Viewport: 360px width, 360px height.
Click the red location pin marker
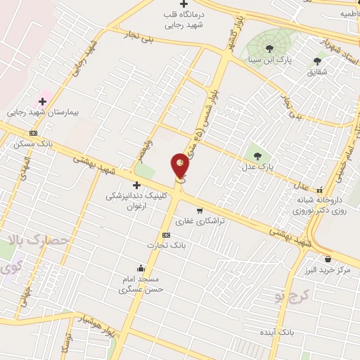click(180, 166)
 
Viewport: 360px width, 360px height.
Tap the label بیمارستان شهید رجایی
click(36, 112)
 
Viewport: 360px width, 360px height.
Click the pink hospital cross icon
click(42, 101)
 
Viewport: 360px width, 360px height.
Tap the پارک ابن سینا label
click(269, 60)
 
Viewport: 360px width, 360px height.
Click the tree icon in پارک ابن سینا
click(269, 48)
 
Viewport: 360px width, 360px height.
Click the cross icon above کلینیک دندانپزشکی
click(136, 185)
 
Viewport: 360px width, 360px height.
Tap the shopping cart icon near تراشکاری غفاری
click(200, 210)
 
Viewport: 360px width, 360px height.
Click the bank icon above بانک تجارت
click(166, 235)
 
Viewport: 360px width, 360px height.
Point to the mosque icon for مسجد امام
click(141, 268)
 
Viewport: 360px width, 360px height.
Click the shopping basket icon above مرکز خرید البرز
click(328, 259)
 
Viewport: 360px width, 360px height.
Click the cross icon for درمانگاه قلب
click(184, 4)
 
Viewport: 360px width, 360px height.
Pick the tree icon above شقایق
click(317, 61)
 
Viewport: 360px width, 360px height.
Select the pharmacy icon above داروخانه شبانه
click(321, 189)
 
